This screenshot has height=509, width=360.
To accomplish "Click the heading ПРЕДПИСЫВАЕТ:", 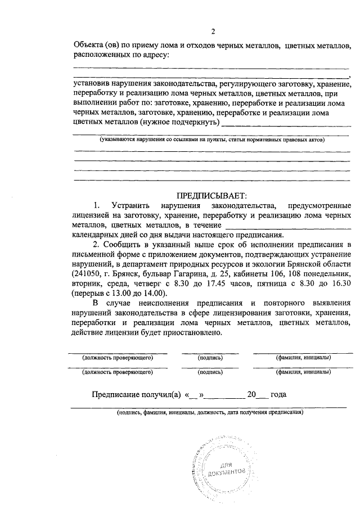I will pyautogui.click(x=211, y=196).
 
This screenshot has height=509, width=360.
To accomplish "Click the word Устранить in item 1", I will pyautogui.click(x=132, y=205).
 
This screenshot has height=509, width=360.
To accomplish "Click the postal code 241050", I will pyautogui.click(x=87, y=274).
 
